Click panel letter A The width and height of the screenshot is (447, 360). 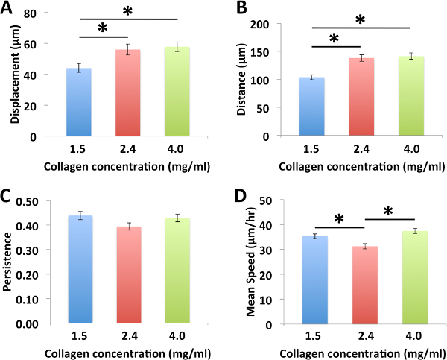pyautogui.click(x=8, y=9)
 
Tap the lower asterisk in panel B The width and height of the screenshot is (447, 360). pyautogui.click(x=333, y=39)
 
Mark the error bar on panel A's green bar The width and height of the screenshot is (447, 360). pyautogui.click(x=177, y=47)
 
